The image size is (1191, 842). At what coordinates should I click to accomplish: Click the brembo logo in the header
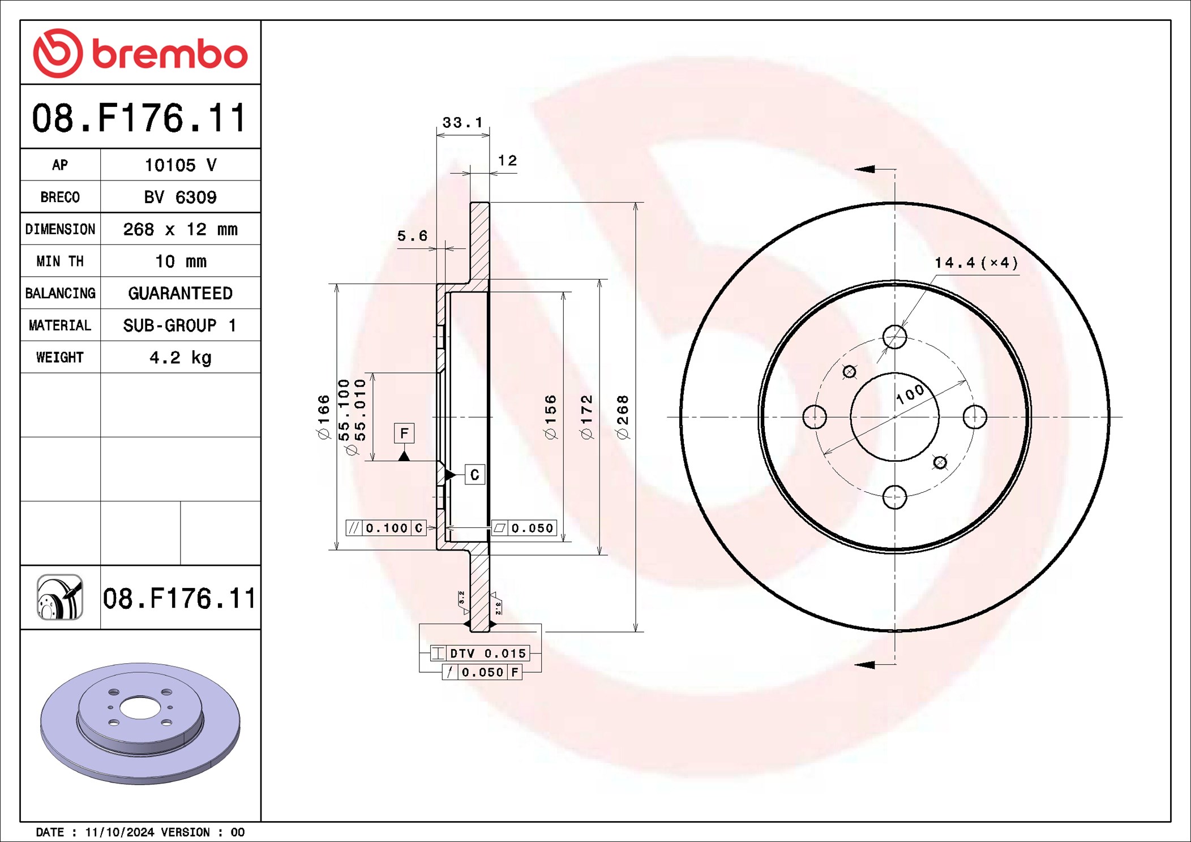[x=140, y=53]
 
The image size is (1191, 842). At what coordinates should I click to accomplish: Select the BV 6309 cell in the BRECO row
[x=180, y=197]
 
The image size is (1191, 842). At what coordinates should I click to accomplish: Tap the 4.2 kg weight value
[x=180, y=357]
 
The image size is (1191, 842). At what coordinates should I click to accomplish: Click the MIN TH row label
[x=60, y=261]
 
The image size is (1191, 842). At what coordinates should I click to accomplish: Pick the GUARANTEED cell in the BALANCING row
[x=180, y=293]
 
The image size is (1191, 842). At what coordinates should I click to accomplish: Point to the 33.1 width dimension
[x=462, y=122]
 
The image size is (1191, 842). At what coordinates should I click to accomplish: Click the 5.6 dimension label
[x=412, y=236]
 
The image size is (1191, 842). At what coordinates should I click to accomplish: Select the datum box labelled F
[x=404, y=433]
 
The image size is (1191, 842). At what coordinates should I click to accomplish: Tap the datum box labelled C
[x=474, y=475]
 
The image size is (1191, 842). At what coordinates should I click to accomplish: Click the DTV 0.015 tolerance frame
[x=480, y=653]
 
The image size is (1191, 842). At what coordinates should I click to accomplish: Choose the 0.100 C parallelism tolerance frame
[x=386, y=528]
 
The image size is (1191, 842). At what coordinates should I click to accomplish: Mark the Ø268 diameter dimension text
[x=623, y=417]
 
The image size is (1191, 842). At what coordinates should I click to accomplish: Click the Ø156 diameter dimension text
[x=550, y=417]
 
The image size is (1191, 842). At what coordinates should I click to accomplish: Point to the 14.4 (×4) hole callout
[x=976, y=263]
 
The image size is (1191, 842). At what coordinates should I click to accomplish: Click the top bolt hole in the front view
[x=894, y=337]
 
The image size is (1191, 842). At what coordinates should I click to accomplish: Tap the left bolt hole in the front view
[x=815, y=417]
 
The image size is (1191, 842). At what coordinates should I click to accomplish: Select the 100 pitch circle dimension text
[x=910, y=394]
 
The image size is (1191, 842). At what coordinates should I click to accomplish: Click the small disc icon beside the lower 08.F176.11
[x=60, y=598]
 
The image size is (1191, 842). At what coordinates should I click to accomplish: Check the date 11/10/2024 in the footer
[x=119, y=832]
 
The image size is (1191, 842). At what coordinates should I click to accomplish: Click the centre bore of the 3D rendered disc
[x=140, y=708]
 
